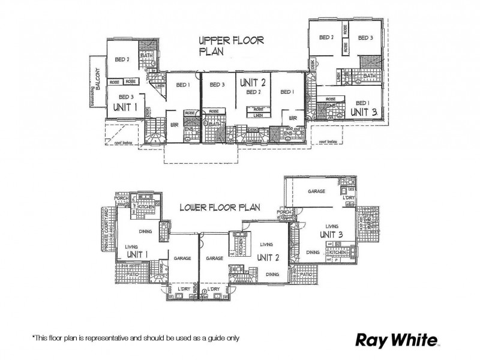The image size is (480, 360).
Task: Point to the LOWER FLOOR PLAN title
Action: click(220, 208)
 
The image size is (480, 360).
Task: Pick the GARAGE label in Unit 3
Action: click(316, 191)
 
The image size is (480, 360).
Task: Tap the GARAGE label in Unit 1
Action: click(182, 258)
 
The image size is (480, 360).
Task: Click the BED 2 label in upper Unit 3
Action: click(326, 37)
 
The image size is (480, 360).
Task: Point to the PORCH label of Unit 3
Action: click(284, 212)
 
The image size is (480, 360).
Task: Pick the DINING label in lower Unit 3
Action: click(312, 253)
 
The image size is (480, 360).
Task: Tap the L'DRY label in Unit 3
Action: click(349, 197)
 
